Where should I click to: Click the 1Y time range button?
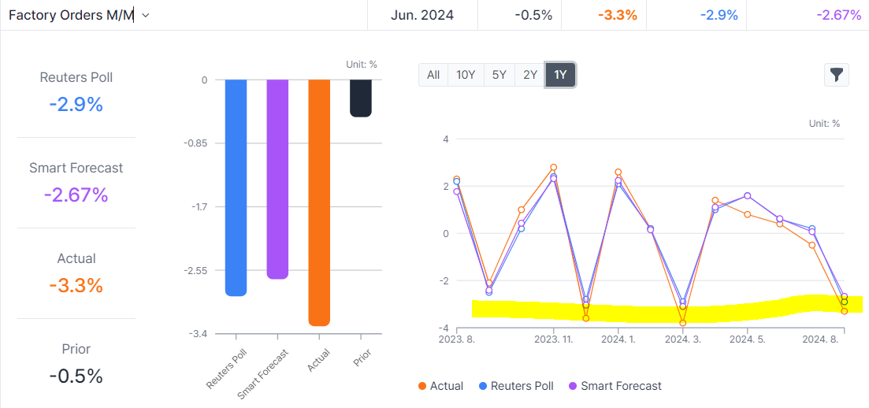(x=560, y=75)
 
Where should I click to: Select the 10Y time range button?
(x=466, y=75)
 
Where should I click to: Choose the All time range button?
(x=433, y=75)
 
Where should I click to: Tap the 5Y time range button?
(x=499, y=75)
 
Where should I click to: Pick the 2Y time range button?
(x=530, y=75)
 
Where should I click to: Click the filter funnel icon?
(x=836, y=75)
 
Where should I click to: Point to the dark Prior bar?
(x=361, y=98)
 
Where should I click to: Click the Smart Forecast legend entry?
(x=615, y=386)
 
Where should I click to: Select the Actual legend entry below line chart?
(x=440, y=386)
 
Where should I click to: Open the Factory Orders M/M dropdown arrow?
(x=146, y=15)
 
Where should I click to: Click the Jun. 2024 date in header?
(x=422, y=15)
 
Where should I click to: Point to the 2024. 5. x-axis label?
(x=748, y=339)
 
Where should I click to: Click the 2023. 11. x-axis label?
(x=554, y=339)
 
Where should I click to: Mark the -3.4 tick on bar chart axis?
(x=199, y=334)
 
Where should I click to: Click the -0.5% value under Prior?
(x=76, y=376)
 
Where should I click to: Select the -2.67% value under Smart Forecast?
(x=76, y=195)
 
